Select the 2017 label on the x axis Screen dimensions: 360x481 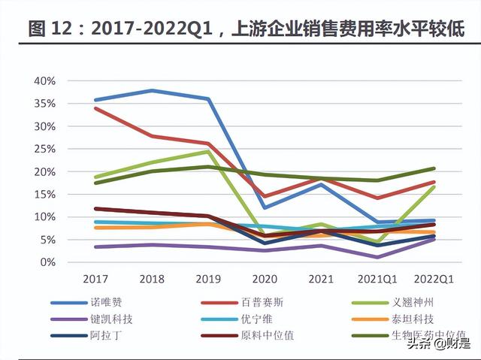click(x=95, y=280)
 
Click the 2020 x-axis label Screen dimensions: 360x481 click(x=264, y=280)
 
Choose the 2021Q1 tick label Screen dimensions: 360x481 click(x=377, y=280)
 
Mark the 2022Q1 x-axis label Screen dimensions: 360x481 click(x=433, y=280)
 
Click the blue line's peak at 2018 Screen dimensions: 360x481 click(x=151, y=90)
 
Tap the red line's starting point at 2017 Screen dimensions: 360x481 click(x=95, y=108)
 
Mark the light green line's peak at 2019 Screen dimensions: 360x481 click(x=207, y=151)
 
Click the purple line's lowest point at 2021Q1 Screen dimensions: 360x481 click(x=377, y=257)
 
